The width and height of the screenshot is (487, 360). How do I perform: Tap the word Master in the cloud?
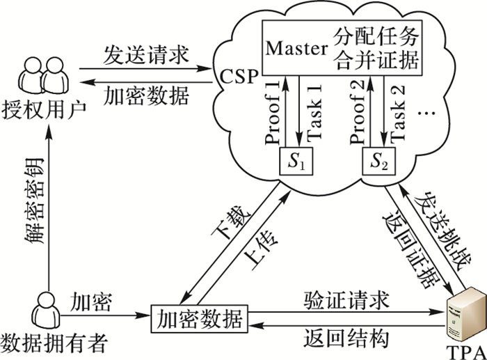[x=297, y=48]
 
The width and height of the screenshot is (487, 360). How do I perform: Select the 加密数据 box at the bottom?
[x=199, y=320]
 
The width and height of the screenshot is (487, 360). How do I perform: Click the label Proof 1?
[x=273, y=111]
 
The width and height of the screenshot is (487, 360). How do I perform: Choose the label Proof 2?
[x=359, y=111]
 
